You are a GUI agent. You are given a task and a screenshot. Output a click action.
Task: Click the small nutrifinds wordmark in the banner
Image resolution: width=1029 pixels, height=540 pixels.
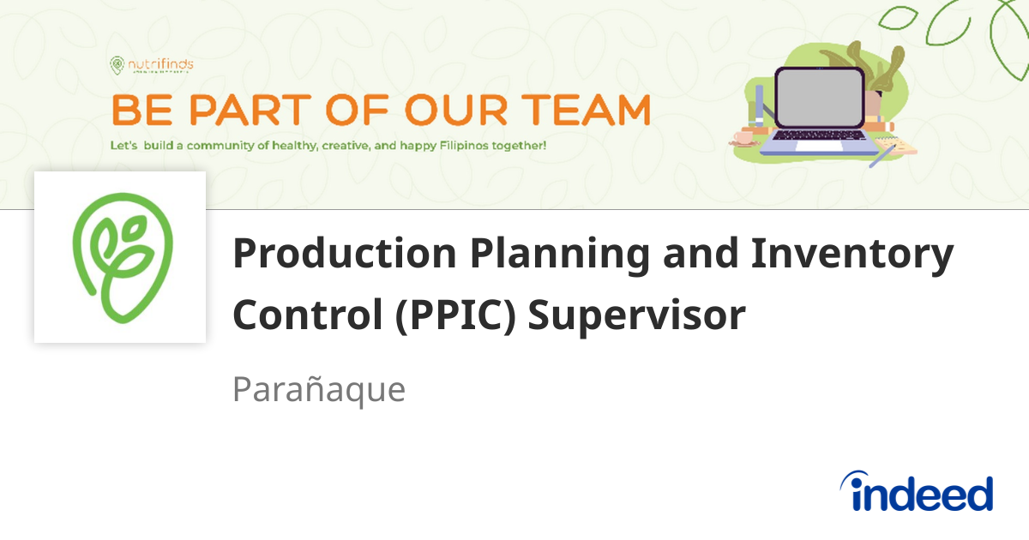(161, 63)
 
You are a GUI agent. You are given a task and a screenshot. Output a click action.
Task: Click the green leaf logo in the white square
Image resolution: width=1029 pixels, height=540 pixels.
(121, 257)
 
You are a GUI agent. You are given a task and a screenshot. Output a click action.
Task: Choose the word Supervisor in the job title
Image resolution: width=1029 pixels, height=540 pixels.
(635, 315)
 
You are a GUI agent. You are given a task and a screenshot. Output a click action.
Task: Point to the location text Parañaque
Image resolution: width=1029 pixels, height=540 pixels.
(318, 390)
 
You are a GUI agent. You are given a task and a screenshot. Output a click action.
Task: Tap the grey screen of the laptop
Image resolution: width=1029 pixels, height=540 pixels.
(819, 98)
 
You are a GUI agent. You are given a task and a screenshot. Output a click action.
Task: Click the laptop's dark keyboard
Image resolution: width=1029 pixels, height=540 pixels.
(819, 135)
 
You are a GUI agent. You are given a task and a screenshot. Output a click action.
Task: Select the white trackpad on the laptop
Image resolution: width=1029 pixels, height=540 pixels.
(818, 146)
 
